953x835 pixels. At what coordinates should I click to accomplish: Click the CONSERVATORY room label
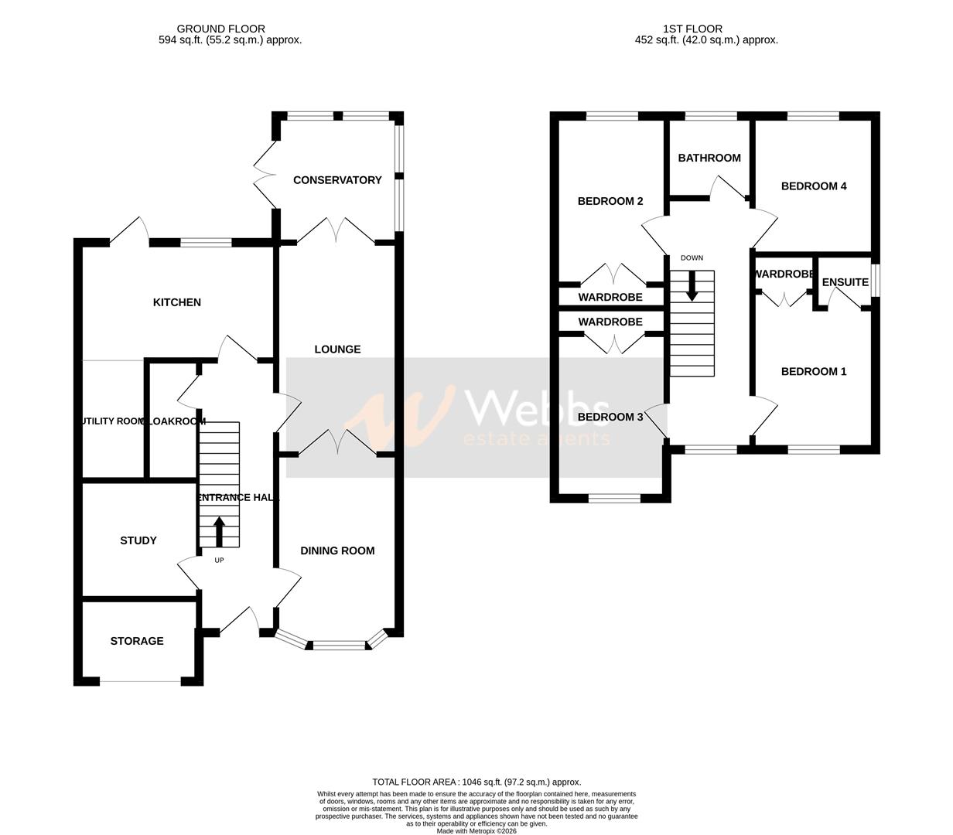[337, 180]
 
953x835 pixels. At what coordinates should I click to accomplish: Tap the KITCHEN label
[176, 302]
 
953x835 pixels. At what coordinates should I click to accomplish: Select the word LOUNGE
[337, 349]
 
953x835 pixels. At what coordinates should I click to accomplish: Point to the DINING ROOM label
[337, 550]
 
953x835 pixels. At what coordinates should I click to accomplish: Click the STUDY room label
[138, 540]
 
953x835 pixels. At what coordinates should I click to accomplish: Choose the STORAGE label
[137, 641]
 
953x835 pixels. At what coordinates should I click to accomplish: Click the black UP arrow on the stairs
[219, 531]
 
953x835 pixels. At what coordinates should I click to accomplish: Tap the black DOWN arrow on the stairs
[692, 285]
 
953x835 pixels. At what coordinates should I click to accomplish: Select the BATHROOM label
[709, 158]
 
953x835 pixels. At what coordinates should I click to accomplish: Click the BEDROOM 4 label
[814, 186]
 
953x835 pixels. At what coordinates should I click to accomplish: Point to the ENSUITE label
[845, 282]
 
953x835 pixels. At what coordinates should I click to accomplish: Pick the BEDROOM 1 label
[814, 372]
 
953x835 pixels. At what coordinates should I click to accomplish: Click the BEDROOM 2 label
[610, 202]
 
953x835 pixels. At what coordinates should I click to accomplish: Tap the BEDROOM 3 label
[610, 417]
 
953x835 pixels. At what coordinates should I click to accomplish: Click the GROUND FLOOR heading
[220, 29]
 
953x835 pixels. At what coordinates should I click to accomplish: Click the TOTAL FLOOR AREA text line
[476, 782]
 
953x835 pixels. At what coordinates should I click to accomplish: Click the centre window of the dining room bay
[339, 644]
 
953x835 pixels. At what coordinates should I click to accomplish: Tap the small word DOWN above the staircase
[692, 258]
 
